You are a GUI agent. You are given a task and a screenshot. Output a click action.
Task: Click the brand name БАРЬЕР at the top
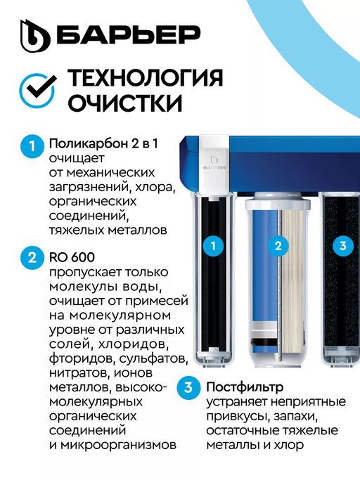pyautogui.click(x=127, y=34)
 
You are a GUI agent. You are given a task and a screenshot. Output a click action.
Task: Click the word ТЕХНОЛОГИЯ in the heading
pyautogui.click(x=146, y=77)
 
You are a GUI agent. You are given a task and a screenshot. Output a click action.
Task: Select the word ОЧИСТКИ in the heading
pyautogui.click(x=124, y=103)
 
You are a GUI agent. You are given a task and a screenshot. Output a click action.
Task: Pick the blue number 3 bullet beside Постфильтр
pyautogui.click(x=187, y=387)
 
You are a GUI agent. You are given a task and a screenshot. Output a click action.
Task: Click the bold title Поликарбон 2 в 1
pyautogui.click(x=103, y=143)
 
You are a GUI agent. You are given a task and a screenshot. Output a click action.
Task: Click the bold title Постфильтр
pyautogui.click(x=245, y=387)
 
